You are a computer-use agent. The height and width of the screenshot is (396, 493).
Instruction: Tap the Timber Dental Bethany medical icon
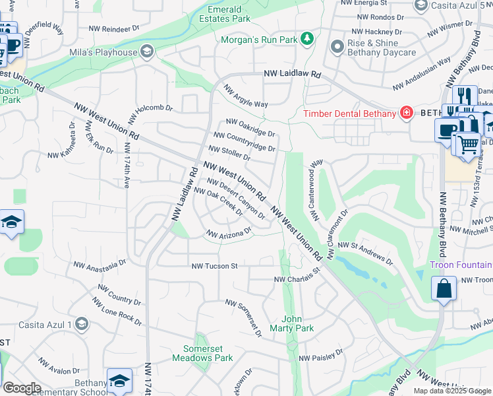coord(407,113)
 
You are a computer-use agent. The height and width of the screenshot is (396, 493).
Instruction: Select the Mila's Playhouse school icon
coord(146,51)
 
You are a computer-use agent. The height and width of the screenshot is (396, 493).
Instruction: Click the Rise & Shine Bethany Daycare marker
coord(336,46)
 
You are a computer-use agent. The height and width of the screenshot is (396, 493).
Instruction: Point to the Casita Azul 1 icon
coord(81,323)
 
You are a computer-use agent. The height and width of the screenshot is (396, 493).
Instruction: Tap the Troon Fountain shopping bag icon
coord(444,288)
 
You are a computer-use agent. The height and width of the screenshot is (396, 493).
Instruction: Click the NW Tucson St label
coord(214,266)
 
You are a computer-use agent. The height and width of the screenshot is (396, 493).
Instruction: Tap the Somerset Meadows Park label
coord(202,353)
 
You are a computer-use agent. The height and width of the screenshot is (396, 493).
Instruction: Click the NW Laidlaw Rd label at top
coord(292,75)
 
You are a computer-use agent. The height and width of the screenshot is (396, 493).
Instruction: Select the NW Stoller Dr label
coord(229,153)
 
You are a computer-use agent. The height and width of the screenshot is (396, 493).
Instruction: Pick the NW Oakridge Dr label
coord(250,127)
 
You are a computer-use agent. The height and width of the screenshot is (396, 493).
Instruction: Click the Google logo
coord(22,388)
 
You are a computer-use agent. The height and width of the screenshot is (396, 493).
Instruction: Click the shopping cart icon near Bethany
coord(467,143)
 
